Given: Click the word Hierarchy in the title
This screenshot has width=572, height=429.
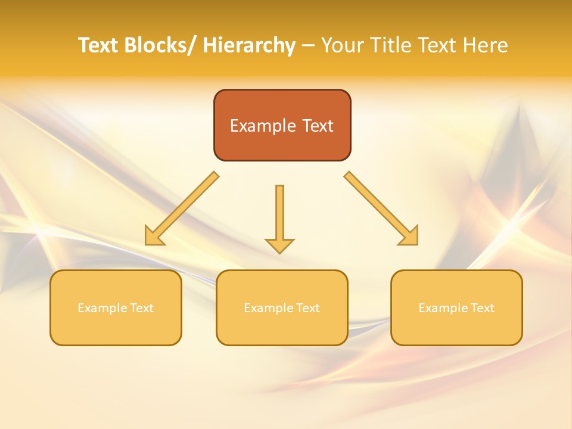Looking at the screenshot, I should [x=249, y=46].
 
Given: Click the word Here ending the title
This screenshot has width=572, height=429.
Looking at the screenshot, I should [x=486, y=46].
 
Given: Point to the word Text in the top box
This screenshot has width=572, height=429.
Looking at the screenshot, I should [x=316, y=126].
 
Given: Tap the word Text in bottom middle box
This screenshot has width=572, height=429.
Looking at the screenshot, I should [x=307, y=308].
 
